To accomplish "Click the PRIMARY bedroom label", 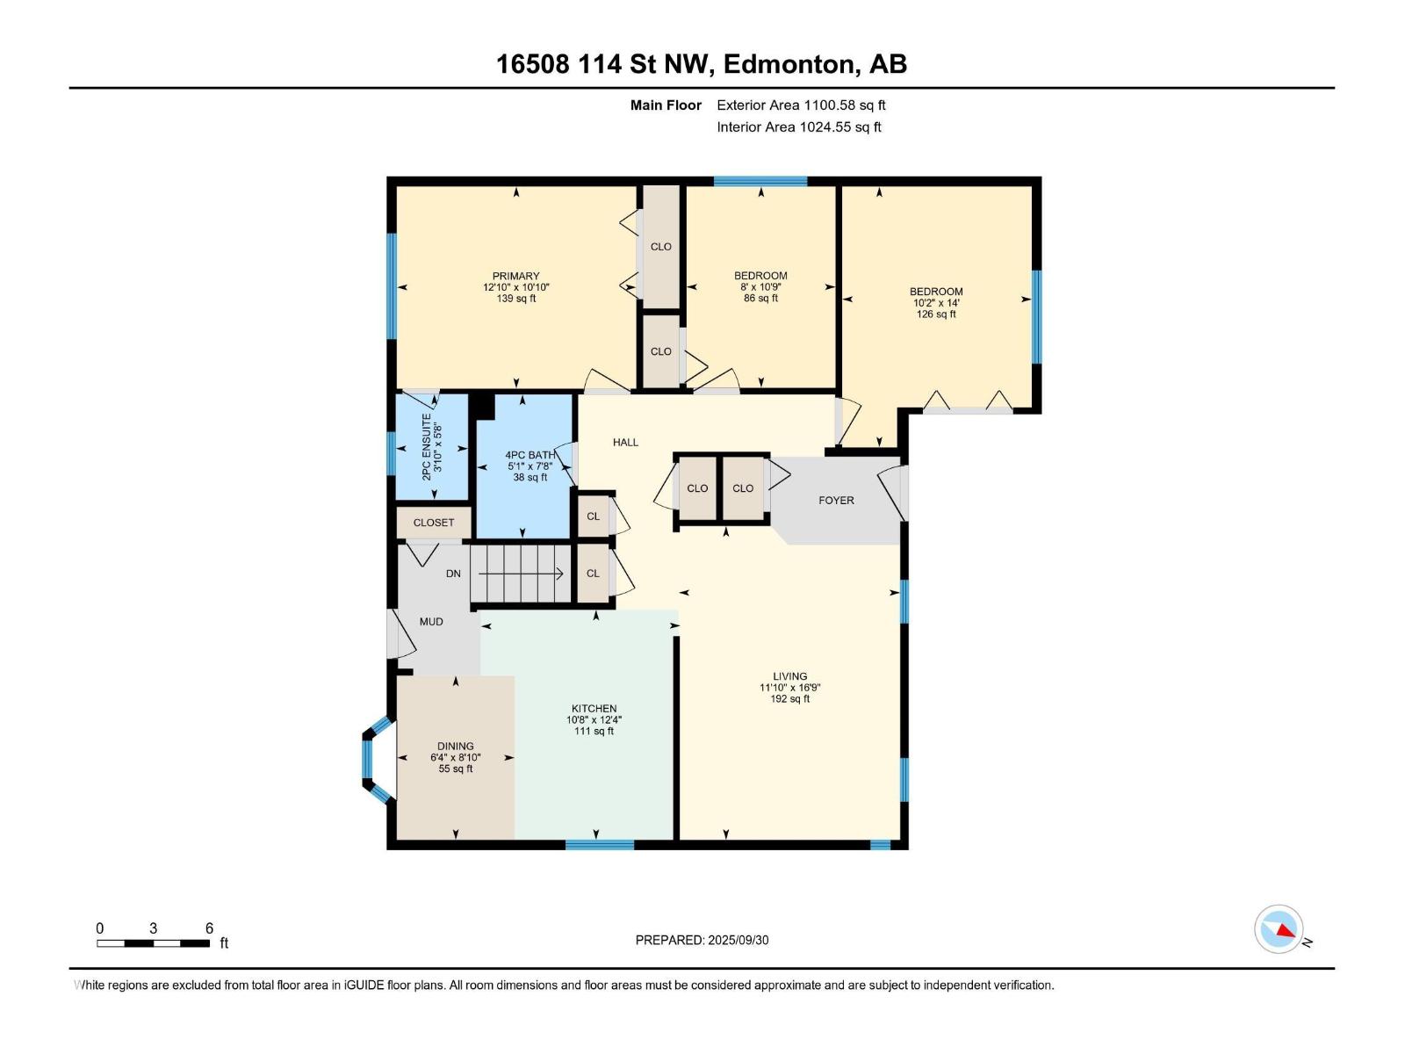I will (515, 276).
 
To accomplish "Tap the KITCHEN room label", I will (594, 708).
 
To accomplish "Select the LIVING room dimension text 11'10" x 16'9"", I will (789, 688).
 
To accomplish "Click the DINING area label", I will (455, 746).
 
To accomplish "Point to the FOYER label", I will (836, 500).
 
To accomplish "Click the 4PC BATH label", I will (530, 455).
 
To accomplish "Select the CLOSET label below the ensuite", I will (434, 522).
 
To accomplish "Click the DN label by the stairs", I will (453, 574).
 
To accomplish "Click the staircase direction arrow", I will (520, 574).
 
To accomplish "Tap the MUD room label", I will (430, 621).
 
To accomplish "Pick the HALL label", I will (625, 442).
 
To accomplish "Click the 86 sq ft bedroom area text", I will (760, 298).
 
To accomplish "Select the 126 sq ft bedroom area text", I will (936, 314).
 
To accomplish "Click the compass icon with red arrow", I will (1279, 929).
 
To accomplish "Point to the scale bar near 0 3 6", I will (153, 943).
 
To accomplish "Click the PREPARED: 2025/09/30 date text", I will (702, 940).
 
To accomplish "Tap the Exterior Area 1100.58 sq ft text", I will (801, 105).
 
